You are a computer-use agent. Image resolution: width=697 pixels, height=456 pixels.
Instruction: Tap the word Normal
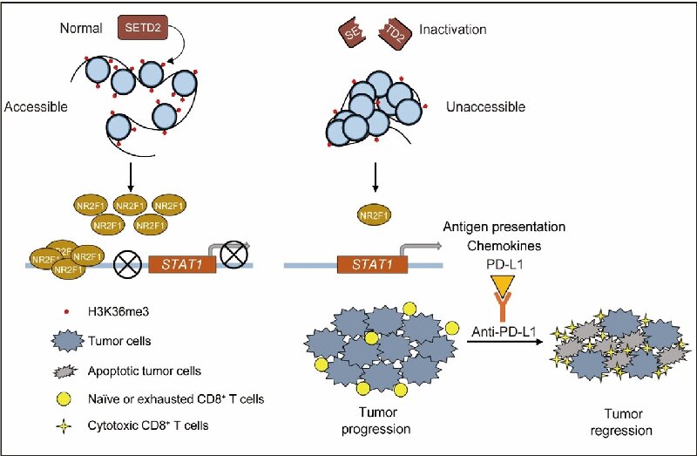pyautogui.click(x=81, y=29)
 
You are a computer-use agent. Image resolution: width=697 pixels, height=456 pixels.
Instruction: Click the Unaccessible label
pyautogui.click(x=485, y=107)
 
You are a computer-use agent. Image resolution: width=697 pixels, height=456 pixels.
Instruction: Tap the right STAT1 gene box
pyautogui.click(x=367, y=262)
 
